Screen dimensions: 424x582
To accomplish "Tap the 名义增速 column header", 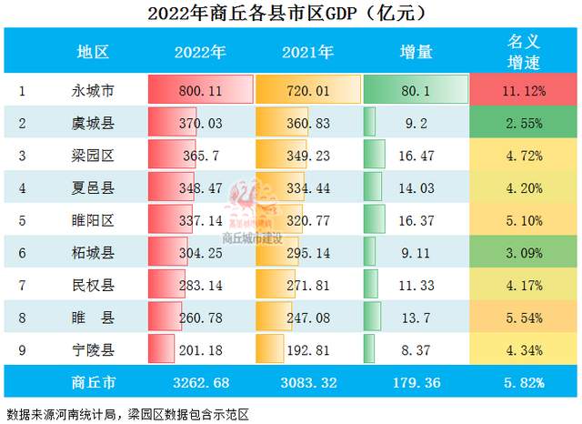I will pyautogui.click(x=523, y=51).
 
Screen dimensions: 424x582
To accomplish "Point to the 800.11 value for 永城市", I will pyautogui.click(x=200, y=90).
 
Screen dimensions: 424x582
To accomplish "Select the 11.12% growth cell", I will pyautogui.click(x=523, y=90).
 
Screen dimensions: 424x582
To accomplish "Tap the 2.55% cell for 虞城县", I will pyautogui.click(x=523, y=122).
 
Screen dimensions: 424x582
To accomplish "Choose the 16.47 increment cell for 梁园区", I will pyautogui.click(x=416, y=155).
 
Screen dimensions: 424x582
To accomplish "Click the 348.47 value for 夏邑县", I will pyautogui.click(x=200, y=187).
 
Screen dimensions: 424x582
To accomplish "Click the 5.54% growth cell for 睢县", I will pyautogui.click(x=523, y=316).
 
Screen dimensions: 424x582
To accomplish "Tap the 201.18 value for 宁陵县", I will pyautogui.click(x=200, y=348).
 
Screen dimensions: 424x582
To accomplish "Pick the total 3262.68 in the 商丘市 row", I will pyautogui.click(x=200, y=381).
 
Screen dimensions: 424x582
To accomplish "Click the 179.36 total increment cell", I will pyautogui.click(x=416, y=381).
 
